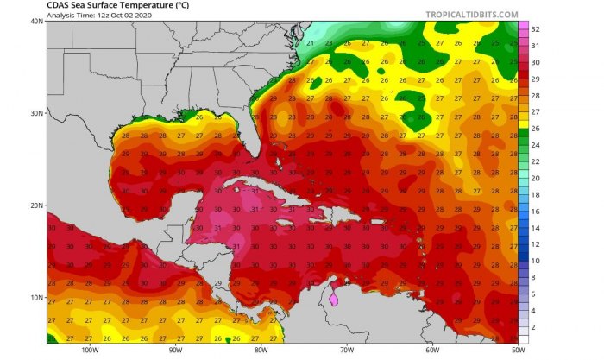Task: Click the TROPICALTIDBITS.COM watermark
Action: (x=471, y=15)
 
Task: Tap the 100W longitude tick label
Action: (x=89, y=351)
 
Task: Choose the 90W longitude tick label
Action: (x=174, y=351)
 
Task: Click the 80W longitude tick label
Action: (x=260, y=351)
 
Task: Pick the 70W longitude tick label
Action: (x=345, y=351)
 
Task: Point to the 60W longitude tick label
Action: (x=431, y=351)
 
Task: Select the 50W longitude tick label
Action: (x=515, y=351)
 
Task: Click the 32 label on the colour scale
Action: (x=535, y=29)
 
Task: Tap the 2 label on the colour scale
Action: (x=533, y=327)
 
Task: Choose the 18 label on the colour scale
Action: (x=535, y=195)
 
